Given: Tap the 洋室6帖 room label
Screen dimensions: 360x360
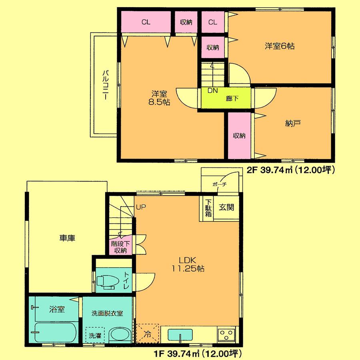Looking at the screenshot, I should pos(280,46).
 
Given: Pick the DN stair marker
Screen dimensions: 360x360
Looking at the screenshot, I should pos(212,91).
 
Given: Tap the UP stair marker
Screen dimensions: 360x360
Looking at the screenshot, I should pos(140,207).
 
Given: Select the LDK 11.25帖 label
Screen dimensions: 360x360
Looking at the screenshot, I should pos(188,264).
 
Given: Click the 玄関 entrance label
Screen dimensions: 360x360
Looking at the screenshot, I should pos(226,208).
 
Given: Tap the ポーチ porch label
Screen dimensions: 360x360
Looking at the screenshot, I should pos(220,185).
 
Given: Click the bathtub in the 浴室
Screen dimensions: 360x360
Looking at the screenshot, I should pos(55,332).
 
